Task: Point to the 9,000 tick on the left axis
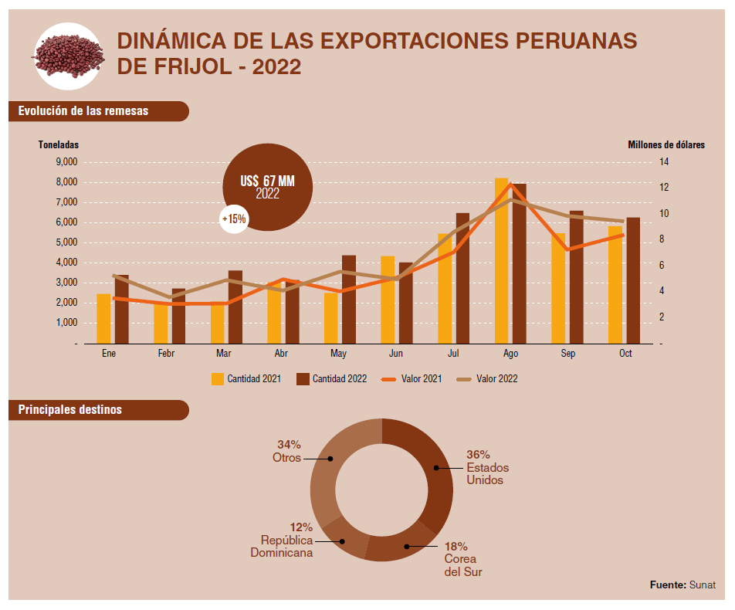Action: pos(67,161)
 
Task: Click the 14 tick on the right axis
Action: pos(663,161)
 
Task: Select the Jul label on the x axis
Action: pos(453,353)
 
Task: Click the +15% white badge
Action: pos(234,219)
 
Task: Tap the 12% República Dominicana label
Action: pos(283,540)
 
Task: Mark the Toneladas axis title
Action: pos(59,145)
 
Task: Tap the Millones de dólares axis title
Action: pos(666,145)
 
